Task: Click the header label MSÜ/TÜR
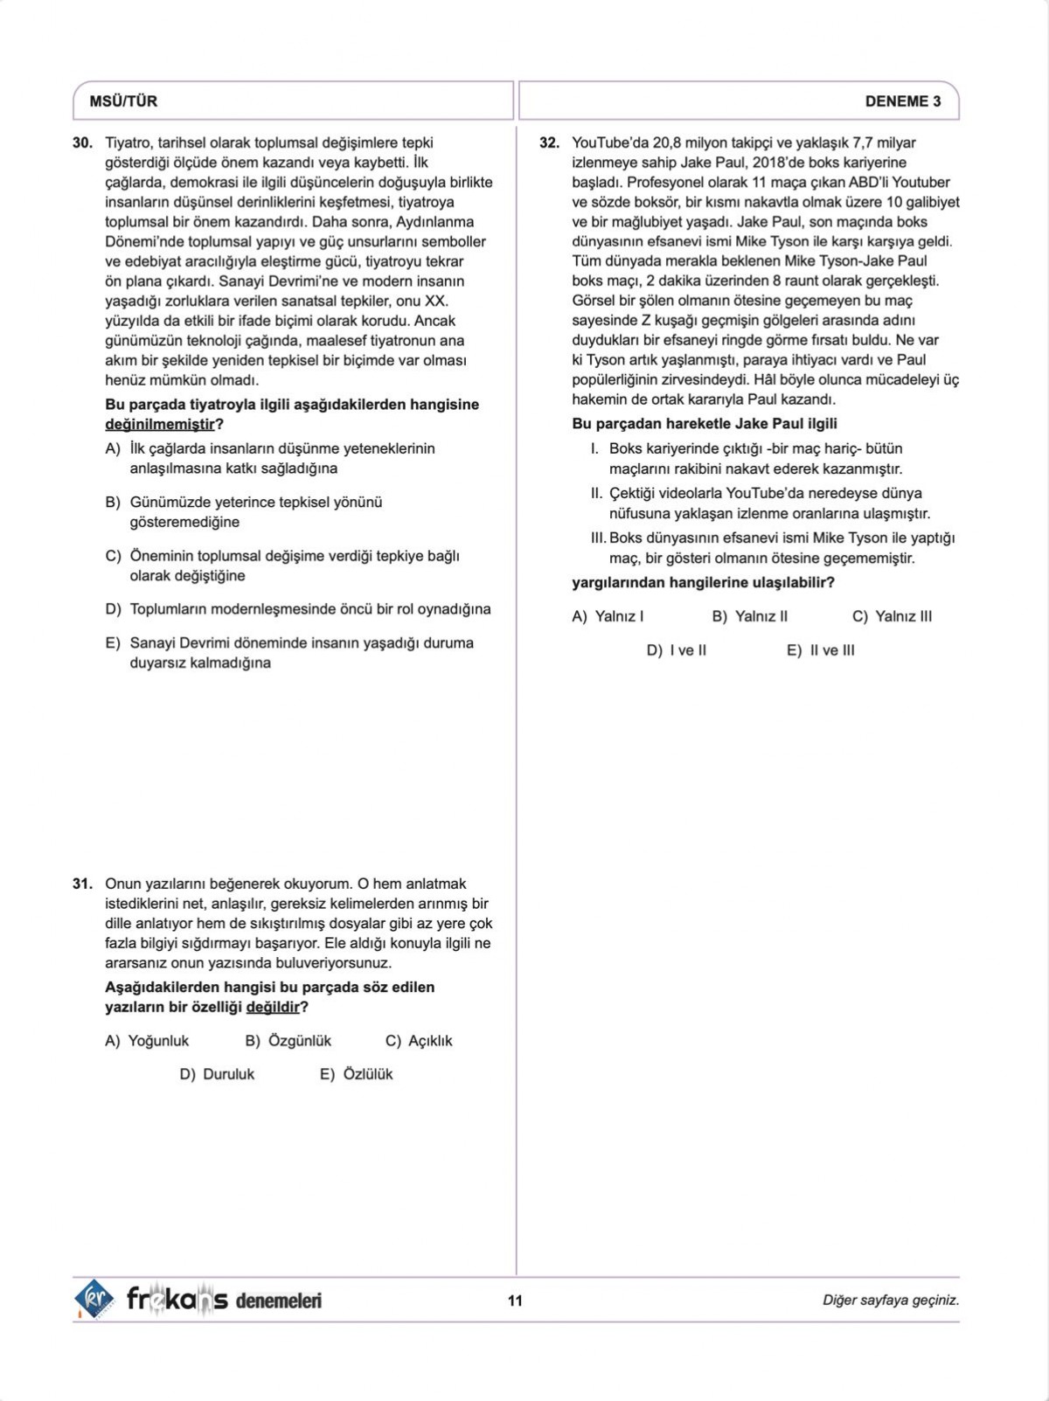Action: (x=123, y=101)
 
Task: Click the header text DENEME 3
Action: (x=903, y=101)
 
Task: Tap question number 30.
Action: (x=83, y=142)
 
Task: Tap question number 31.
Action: (x=83, y=884)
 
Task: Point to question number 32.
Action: (x=549, y=142)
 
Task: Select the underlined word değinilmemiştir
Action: (x=160, y=425)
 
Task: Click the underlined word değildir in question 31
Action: (x=273, y=1007)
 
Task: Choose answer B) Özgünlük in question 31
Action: (x=288, y=1041)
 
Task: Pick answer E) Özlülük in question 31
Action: (x=357, y=1074)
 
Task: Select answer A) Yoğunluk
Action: (x=147, y=1041)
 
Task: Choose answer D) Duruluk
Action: (x=217, y=1074)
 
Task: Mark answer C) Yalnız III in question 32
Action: (x=892, y=616)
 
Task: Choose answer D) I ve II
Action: (x=677, y=650)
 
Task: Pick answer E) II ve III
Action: (x=821, y=650)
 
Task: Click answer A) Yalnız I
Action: (x=608, y=616)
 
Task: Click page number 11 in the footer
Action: (x=515, y=1300)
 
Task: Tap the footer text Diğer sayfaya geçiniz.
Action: (x=891, y=1300)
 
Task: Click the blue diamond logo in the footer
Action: (x=94, y=1300)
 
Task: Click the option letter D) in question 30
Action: (x=113, y=609)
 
